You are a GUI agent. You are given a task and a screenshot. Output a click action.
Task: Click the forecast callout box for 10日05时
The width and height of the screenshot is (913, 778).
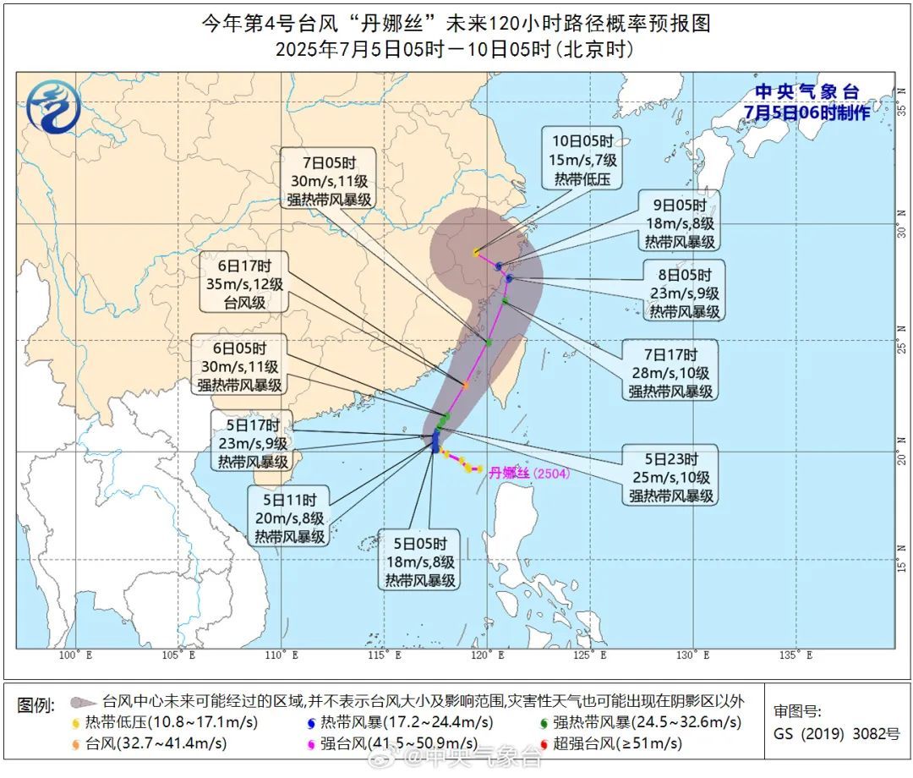pos(582,158)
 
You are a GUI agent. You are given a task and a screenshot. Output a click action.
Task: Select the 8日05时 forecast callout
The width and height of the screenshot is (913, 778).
pos(685,293)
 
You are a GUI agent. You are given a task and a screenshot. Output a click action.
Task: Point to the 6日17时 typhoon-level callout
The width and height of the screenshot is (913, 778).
pos(245,283)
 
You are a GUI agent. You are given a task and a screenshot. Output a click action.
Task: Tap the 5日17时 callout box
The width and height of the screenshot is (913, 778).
pos(254,443)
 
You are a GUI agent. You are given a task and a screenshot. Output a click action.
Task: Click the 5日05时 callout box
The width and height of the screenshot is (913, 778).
pos(420,561)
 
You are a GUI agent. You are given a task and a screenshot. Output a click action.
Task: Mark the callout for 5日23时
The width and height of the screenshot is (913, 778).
pos(672,478)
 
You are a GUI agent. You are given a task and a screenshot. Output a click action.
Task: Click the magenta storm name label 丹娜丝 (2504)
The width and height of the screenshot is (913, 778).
pos(529,474)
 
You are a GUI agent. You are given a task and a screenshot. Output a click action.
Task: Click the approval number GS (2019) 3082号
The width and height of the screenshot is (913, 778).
pos(837,734)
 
